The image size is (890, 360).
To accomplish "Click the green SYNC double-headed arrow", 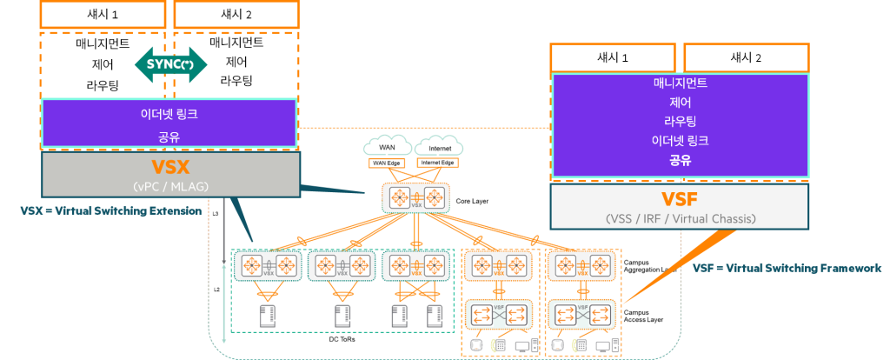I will point(171,65).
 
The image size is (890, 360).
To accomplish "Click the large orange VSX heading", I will point(170,168).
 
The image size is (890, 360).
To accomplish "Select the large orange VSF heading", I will point(680,198).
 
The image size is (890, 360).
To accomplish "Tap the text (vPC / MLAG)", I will point(170,185).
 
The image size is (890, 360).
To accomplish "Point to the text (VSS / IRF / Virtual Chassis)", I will point(680,218).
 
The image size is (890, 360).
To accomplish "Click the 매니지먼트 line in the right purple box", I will point(680,84).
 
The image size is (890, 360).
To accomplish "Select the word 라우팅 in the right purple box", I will point(680,122).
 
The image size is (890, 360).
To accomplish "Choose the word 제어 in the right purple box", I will point(680,103).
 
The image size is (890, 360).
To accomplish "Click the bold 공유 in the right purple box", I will point(680,160).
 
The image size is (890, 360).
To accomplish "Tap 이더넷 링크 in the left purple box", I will point(169,114).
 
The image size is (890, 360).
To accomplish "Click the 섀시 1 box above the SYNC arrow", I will point(103,14).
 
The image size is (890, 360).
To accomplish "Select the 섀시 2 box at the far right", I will point(746,58).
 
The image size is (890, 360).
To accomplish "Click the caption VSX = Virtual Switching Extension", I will point(110,211).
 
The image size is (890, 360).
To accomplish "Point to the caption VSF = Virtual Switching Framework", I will point(787,269).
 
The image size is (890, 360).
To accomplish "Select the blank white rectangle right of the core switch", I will point(490,184).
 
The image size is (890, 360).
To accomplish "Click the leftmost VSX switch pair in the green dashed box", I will point(267,265).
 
